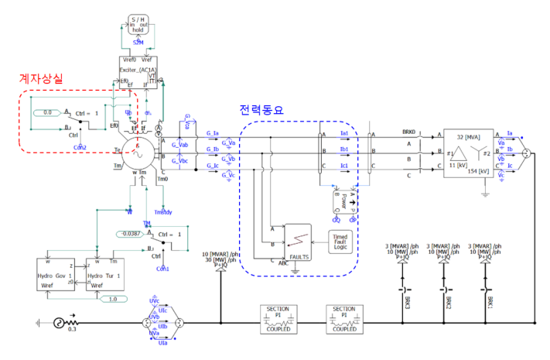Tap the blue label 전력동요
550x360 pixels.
[x=262, y=111]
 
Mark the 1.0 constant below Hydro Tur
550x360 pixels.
[x=114, y=299]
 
